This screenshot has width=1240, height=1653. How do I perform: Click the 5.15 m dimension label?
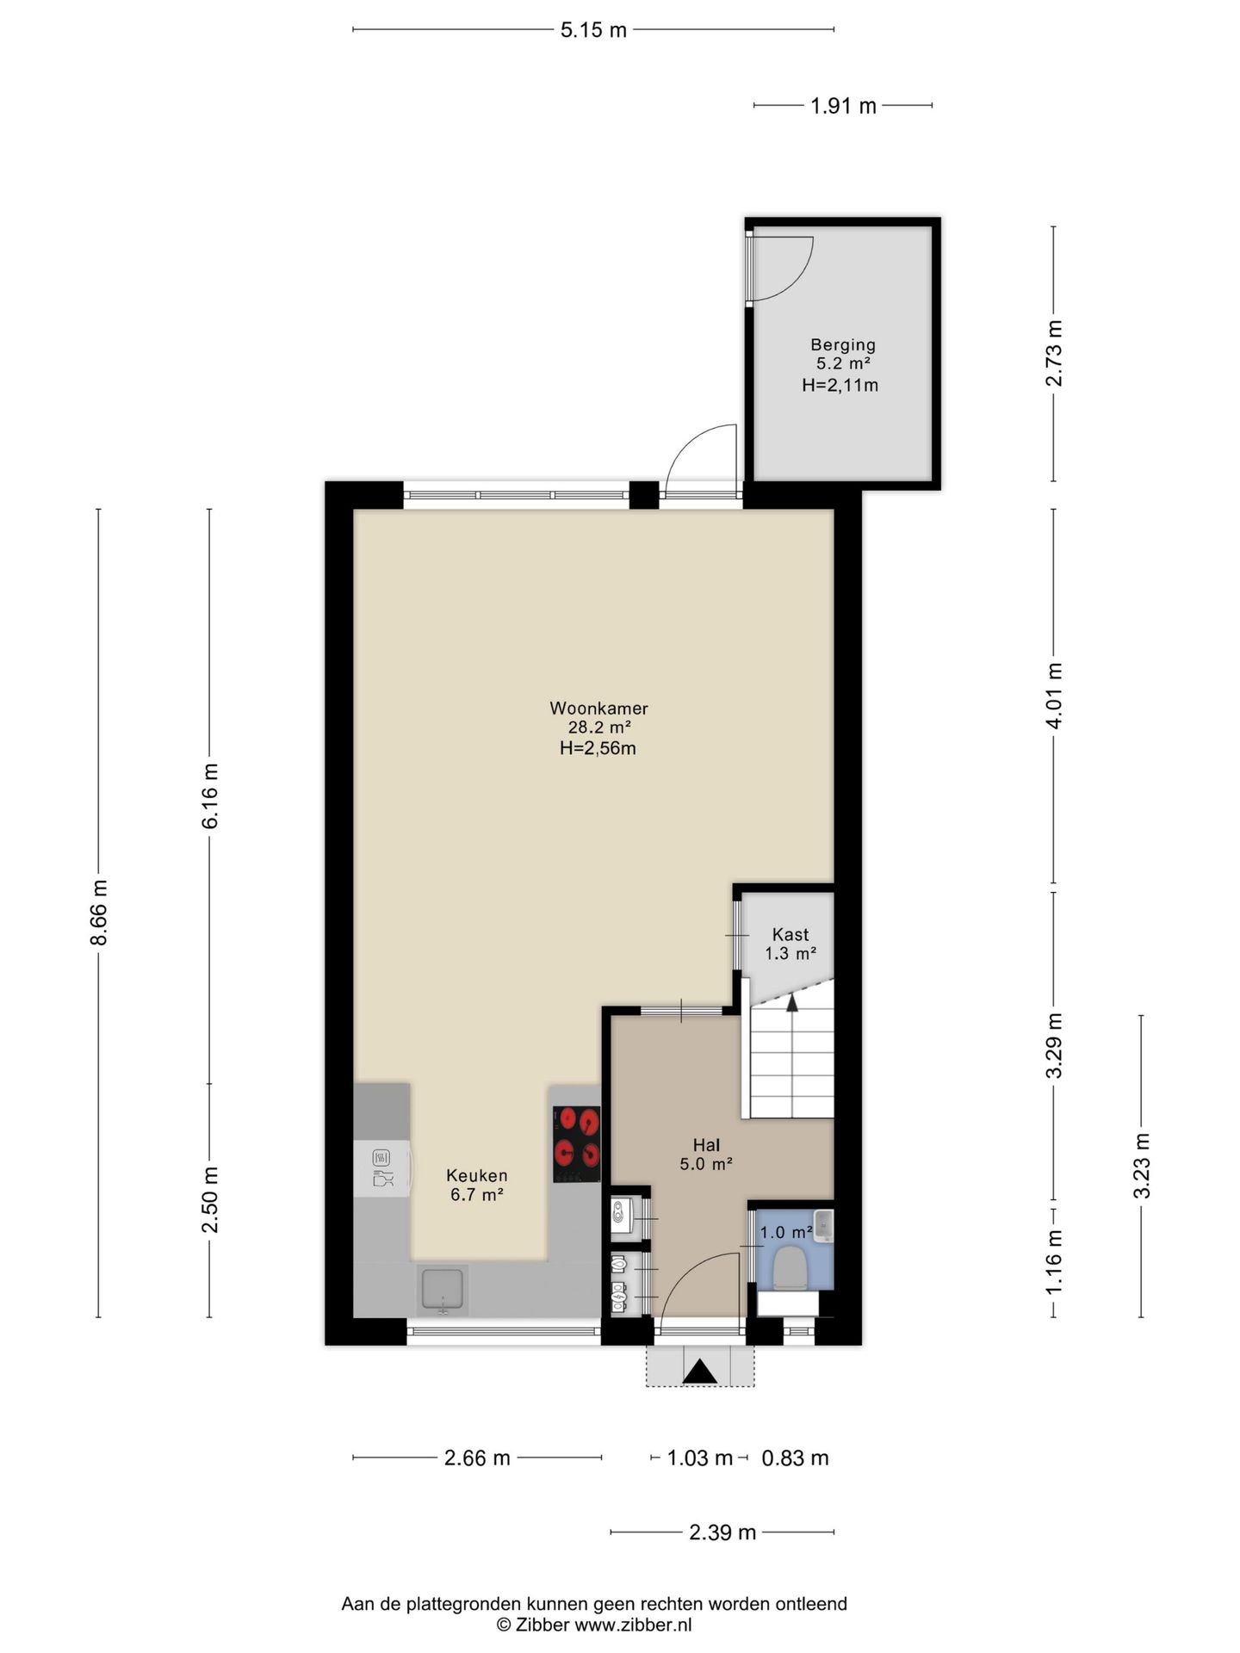point(593,30)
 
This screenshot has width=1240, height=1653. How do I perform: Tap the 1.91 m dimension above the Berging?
point(843,106)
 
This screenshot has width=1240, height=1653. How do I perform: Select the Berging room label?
point(842,345)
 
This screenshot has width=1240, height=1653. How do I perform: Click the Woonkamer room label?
point(598,709)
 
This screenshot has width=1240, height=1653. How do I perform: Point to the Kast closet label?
point(790,934)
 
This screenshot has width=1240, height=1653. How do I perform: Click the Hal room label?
point(706,1145)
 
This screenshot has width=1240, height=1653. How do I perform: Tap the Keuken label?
point(476,1175)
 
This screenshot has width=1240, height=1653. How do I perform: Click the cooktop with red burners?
point(576,1144)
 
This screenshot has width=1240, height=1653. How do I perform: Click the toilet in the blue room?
point(790,1270)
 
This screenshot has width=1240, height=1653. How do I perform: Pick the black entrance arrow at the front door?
point(700,1371)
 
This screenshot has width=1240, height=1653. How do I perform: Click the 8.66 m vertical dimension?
point(99,913)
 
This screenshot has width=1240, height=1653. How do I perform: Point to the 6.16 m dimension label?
point(210,796)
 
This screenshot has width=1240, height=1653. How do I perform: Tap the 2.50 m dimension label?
point(210,1200)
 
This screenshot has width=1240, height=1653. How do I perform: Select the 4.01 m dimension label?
point(1054,696)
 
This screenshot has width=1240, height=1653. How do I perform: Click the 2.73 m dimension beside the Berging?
point(1054,353)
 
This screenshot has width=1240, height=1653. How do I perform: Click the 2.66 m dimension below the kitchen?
point(477,1458)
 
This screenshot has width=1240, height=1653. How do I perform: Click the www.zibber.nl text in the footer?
point(633,1625)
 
